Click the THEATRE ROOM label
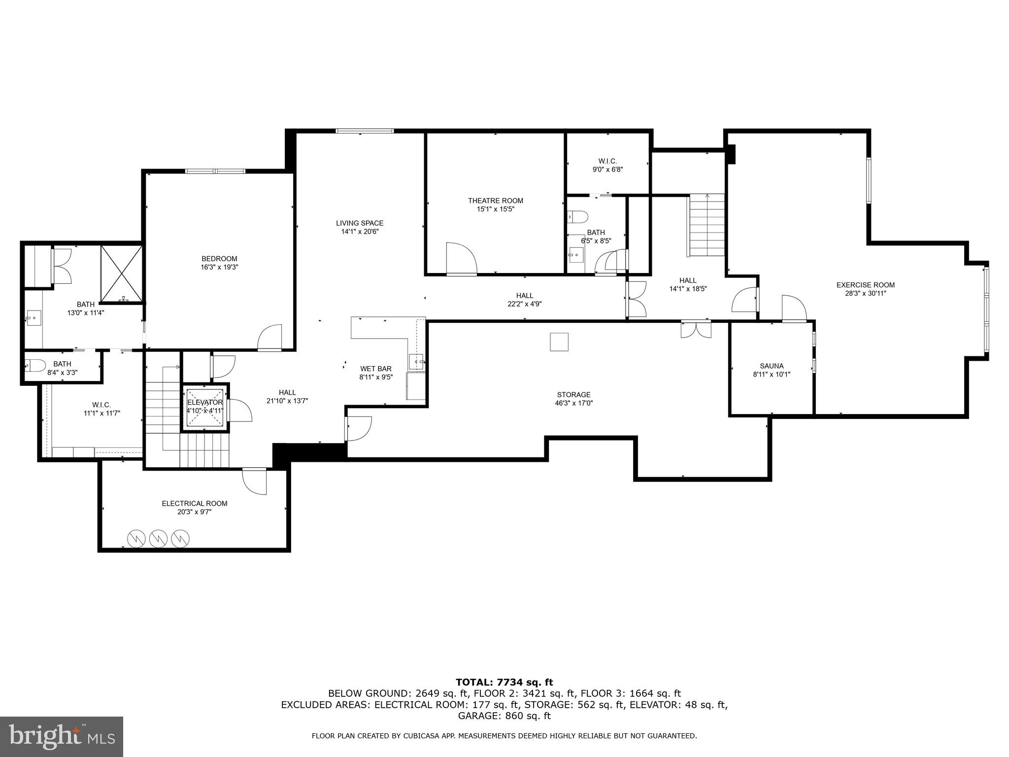coord(495,201)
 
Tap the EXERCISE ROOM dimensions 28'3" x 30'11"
coord(865,293)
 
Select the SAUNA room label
coord(772,366)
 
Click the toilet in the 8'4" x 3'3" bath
coord(35,365)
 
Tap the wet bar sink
coord(416,362)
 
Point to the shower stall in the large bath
coord(122,273)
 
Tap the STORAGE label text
coord(573,394)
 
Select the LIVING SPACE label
coord(360,223)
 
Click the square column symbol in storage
coord(559,342)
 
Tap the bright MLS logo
coord(62,736)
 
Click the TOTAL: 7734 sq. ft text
coord(504,682)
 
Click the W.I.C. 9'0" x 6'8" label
coord(607,161)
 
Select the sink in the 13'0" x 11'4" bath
coord(34,318)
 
